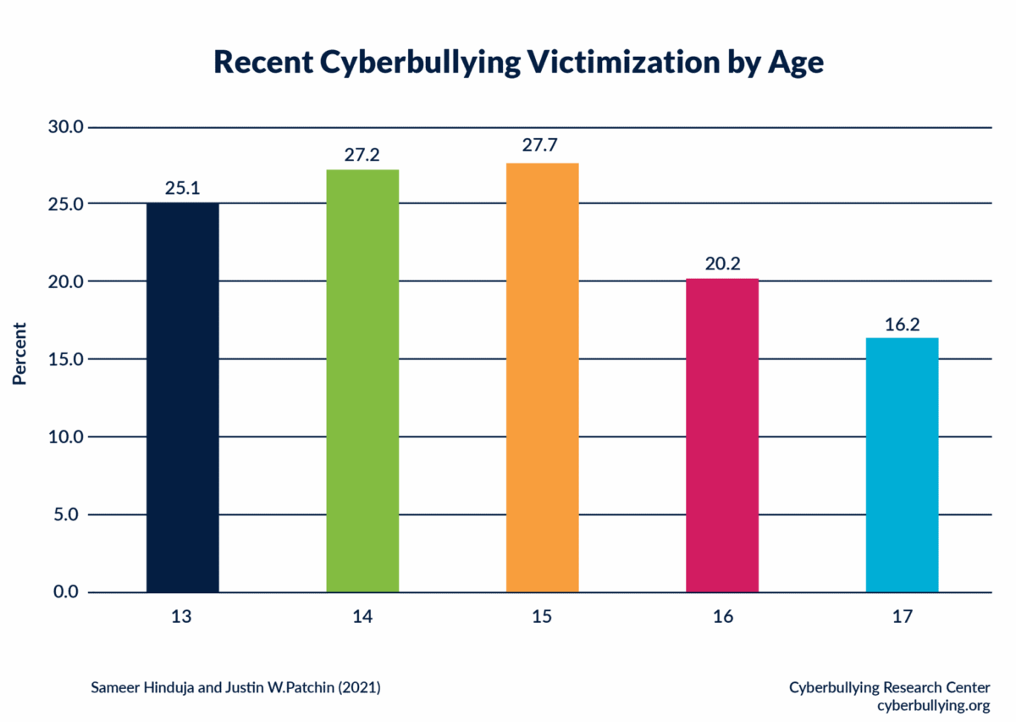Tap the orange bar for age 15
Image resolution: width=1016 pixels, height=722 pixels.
click(542, 377)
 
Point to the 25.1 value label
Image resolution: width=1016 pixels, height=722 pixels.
click(182, 188)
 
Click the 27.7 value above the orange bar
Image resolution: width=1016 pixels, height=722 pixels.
click(542, 146)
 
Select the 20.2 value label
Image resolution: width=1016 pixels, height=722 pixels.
click(722, 264)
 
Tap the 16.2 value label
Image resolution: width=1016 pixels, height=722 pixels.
click(902, 323)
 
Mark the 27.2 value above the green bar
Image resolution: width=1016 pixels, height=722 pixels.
click(362, 155)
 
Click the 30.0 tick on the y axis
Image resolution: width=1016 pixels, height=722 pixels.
click(67, 127)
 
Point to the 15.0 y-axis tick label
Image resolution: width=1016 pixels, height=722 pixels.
click(67, 359)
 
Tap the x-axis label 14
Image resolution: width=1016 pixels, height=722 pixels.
click(362, 617)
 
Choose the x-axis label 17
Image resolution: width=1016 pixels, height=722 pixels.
click(902, 617)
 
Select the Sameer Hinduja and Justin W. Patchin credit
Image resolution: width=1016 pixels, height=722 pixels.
click(235, 687)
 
